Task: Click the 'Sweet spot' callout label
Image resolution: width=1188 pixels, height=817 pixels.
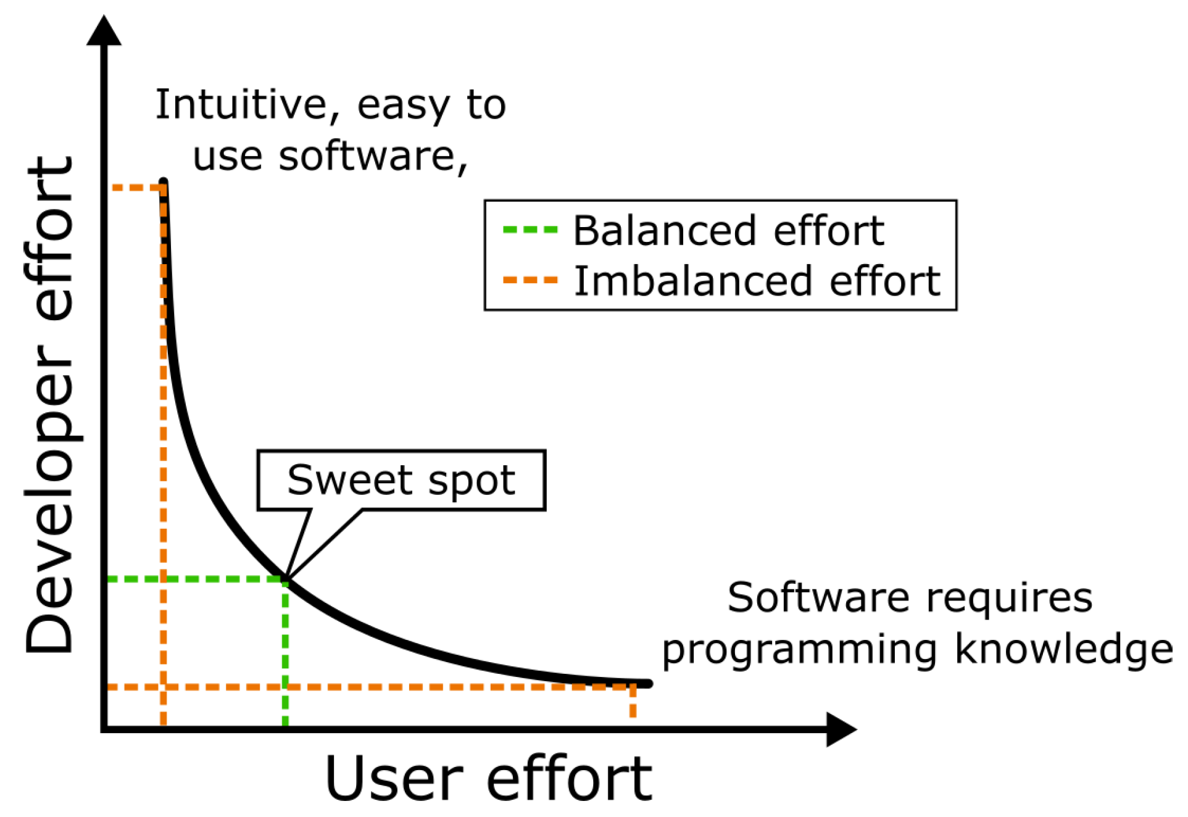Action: coord(401,480)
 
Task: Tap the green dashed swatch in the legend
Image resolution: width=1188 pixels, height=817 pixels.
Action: coord(531,230)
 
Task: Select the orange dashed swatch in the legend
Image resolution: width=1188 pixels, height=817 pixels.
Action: coord(531,281)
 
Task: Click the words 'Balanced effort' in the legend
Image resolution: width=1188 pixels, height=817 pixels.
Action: coord(729,231)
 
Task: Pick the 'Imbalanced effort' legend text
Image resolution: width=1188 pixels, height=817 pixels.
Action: coord(757,281)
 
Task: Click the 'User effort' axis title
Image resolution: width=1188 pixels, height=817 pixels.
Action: coord(488,779)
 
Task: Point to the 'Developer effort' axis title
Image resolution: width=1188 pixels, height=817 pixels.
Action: coord(49,405)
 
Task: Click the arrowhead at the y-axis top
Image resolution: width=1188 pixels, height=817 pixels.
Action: coord(104,30)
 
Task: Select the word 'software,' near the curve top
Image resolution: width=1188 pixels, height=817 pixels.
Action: coord(373,157)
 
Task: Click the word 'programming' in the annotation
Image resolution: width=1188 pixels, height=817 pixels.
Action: coord(800,651)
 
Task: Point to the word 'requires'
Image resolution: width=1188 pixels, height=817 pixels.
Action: coord(1009,599)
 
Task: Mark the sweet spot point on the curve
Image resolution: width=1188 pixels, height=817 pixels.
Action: coord(286,579)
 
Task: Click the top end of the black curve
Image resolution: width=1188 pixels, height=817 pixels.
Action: coord(164,181)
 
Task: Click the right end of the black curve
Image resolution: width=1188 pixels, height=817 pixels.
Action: coord(648,684)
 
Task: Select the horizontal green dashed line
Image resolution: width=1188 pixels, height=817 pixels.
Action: coord(196,579)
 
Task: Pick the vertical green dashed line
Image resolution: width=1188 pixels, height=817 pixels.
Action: coord(285,653)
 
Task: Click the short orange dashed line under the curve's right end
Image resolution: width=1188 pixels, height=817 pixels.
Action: coord(633,702)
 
